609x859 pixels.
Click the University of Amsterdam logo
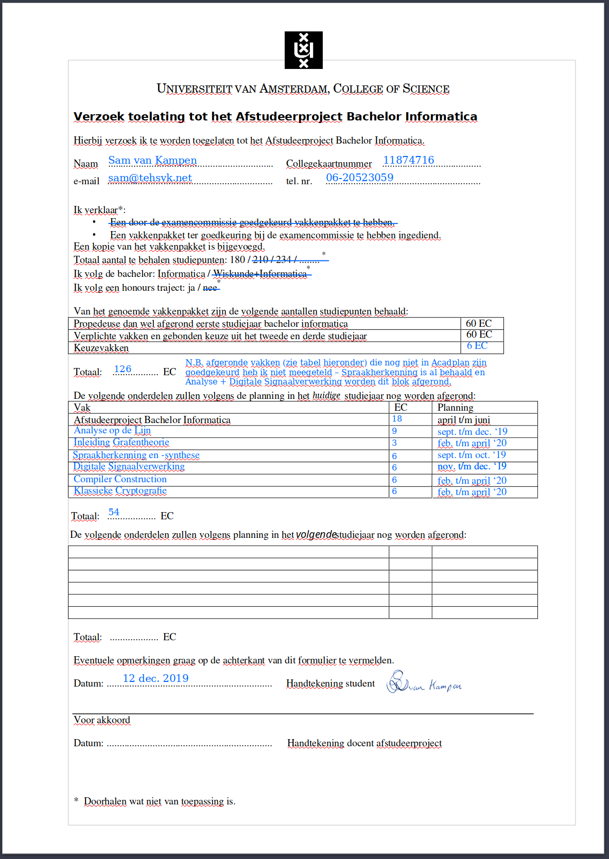tap(303, 50)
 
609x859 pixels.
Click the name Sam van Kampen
tap(152, 160)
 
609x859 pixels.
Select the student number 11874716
tap(408, 160)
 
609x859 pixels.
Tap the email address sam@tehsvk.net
tap(150, 178)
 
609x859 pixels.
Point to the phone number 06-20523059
tap(359, 178)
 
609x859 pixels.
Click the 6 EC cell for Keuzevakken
tap(477, 346)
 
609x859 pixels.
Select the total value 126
tap(123, 369)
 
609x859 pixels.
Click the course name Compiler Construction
tap(120, 479)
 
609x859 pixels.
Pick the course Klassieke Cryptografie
tap(120, 490)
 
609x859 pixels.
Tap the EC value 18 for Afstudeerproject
tap(397, 419)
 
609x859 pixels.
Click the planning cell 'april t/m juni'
tap(463, 420)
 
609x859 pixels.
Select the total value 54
tap(114, 512)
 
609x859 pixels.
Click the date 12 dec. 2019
tap(155, 678)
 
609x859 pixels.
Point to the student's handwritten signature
tap(423, 683)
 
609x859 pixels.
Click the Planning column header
tap(455, 408)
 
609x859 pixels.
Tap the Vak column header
tap(82, 408)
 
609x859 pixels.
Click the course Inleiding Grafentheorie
tap(121, 443)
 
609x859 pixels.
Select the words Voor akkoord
tap(102, 720)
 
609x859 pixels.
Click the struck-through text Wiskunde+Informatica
tap(260, 274)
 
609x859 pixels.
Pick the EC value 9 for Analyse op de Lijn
tap(394, 431)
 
